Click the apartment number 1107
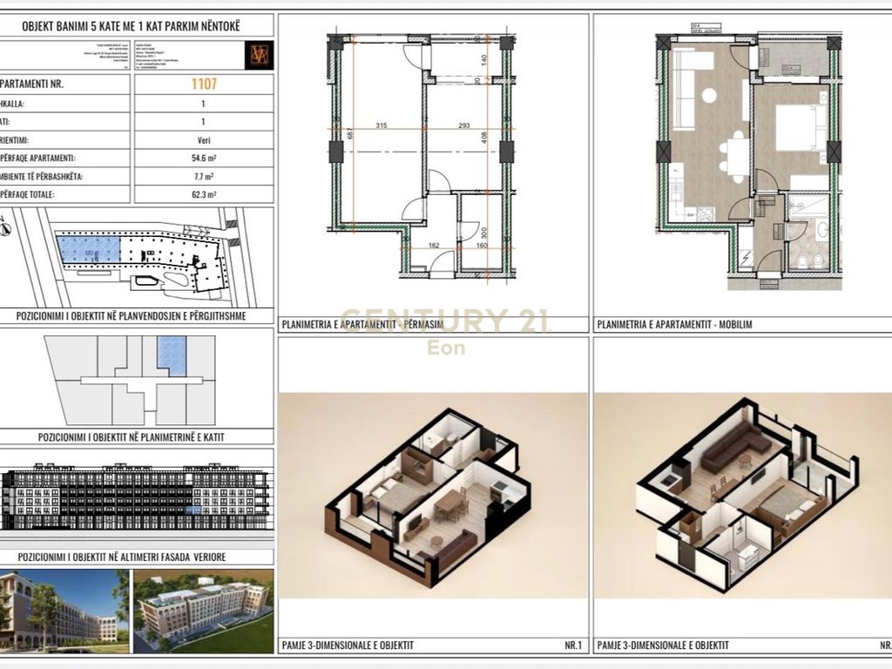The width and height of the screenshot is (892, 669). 203,84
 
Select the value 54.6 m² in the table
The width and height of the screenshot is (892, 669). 203,159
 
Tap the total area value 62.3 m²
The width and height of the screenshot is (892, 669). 203,195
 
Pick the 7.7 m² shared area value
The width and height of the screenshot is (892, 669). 203,177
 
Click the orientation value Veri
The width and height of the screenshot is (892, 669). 203,139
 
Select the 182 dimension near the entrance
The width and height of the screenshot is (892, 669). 433,247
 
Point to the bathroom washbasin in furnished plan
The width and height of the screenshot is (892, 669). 821,231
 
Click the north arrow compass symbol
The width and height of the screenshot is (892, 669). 7,230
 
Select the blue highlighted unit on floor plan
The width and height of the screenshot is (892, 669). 172,356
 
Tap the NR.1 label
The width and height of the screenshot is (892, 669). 571,645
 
